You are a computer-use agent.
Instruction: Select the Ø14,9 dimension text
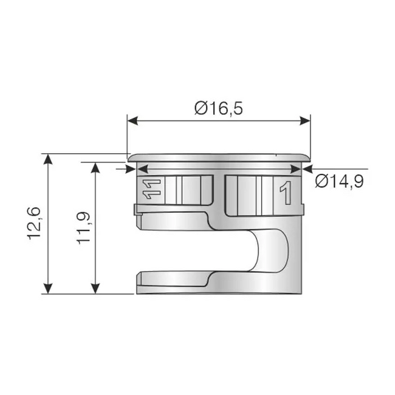340,181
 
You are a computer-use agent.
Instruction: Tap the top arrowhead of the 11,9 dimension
94,166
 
